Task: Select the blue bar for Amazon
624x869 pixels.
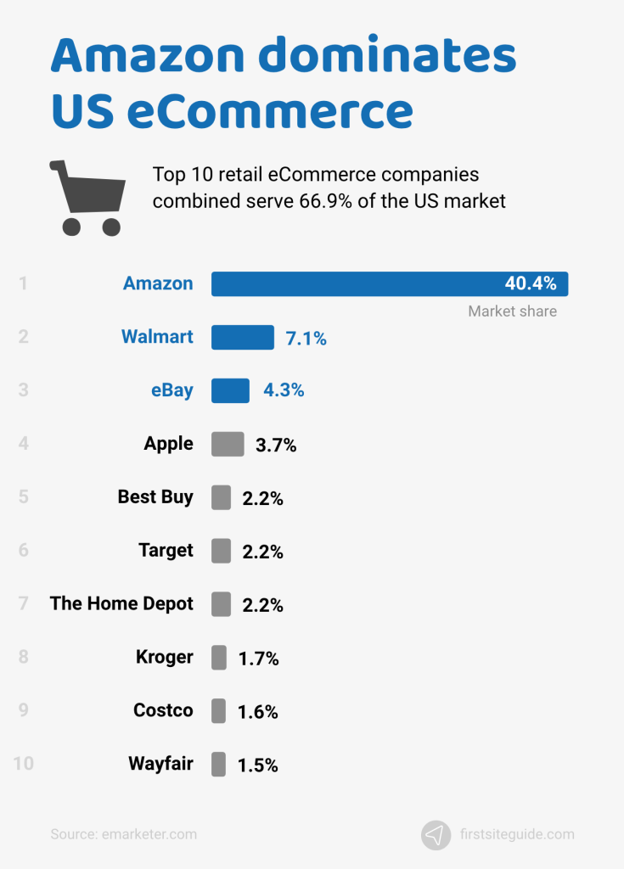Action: coord(357,284)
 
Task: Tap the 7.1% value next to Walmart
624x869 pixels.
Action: coord(306,339)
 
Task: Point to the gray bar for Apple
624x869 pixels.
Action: coord(228,444)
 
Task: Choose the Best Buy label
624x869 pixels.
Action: coord(155,497)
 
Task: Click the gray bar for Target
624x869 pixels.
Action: coord(221,551)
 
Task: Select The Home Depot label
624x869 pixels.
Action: coord(121,603)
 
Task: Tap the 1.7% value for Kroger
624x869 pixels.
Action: coord(258,659)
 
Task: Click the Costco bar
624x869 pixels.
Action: coord(218,711)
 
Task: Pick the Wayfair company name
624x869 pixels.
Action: coord(160,764)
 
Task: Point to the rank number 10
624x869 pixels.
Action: coord(24,764)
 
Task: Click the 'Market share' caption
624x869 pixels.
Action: coord(512,311)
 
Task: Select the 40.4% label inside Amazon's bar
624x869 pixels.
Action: coord(531,284)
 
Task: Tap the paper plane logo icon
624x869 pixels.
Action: coord(436,834)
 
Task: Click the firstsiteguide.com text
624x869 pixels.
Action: coord(516,834)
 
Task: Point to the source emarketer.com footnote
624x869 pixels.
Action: coord(123,834)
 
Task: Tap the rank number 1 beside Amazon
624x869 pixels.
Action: coord(24,283)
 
